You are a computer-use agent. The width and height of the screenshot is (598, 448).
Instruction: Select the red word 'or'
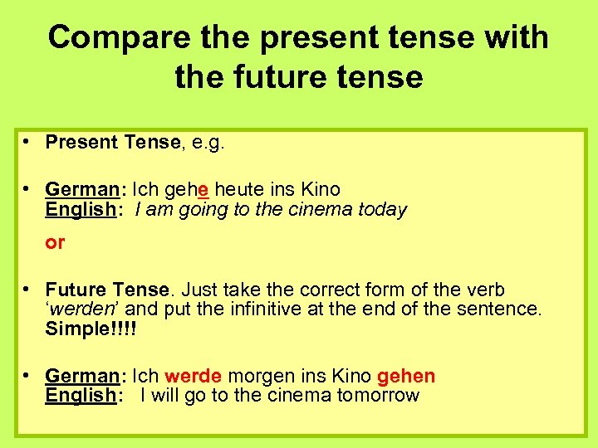tap(55, 243)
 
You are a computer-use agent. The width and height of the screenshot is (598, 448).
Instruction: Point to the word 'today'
tap(382, 209)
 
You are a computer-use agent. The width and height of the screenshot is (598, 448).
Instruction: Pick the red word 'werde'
tap(194, 377)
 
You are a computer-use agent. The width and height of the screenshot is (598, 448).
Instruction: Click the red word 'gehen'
tap(406, 377)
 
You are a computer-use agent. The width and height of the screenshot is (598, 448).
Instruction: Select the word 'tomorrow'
tap(378, 395)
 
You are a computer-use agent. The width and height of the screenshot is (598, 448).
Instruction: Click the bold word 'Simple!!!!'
tap(91, 329)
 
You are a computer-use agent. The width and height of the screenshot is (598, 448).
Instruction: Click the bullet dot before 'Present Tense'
tap(27, 141)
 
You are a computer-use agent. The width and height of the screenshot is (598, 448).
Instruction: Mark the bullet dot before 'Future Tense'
tap(27, 289)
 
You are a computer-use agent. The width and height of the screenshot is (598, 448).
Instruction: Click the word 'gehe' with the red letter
tap(186, 189)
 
